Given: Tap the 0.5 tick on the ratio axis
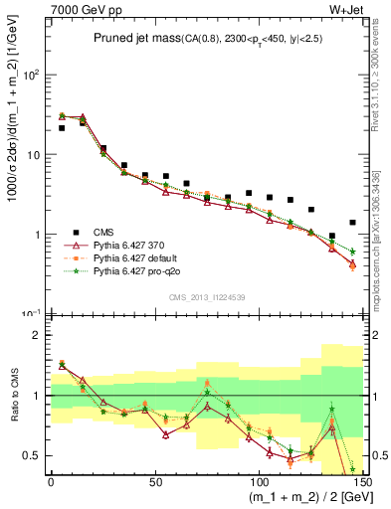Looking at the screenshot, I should click(33, 455).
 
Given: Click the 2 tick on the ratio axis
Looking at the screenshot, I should click(38, 335).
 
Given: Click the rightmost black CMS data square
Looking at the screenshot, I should click(352, 223).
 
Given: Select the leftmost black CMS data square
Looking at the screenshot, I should click(62, 128).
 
